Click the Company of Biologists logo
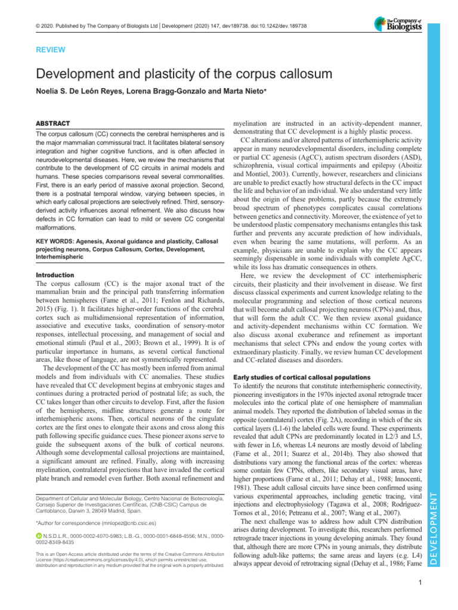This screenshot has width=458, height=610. (398, 23)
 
